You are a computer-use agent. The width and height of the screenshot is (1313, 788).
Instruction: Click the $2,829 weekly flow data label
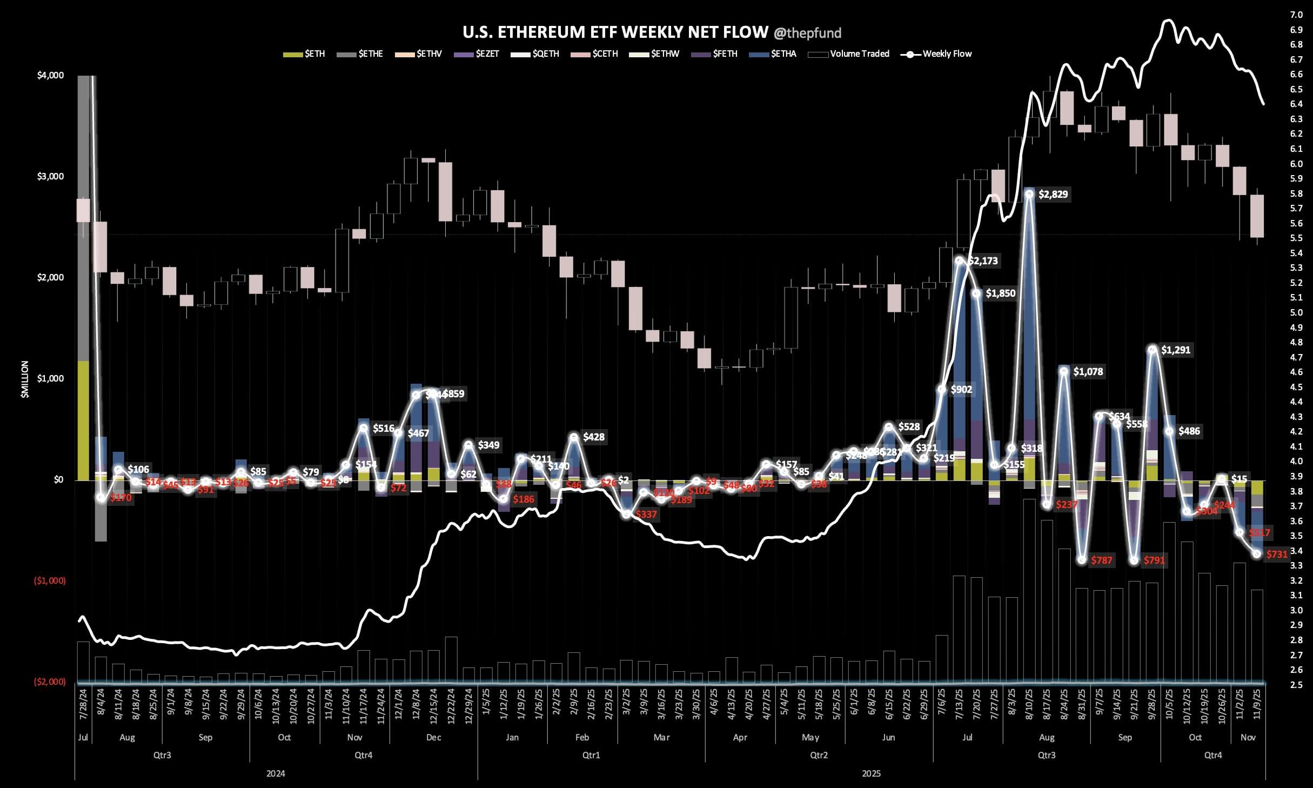click(x=1053, y=195)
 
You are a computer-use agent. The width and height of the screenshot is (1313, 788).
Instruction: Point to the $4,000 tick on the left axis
click(x=50, y=75)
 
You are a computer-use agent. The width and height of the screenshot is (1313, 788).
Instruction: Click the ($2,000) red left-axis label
click(x=50, y=682)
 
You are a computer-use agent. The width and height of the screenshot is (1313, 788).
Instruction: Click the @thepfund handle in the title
click(x=807, y=34)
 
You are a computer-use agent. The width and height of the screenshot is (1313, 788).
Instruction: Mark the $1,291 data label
click(x=1175, y=350)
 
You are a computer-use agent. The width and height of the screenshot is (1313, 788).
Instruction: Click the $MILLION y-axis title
click(x=25, y=379)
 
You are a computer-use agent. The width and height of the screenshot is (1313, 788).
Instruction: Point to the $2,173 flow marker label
click(x=983, y=261)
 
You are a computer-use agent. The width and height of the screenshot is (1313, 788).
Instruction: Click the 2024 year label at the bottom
click(x=276, y=773)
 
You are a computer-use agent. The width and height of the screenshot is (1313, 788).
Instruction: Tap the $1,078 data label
click(x=1088, y=372)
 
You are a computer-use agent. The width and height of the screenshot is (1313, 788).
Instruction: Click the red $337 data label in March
click(x=646, y=515)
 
